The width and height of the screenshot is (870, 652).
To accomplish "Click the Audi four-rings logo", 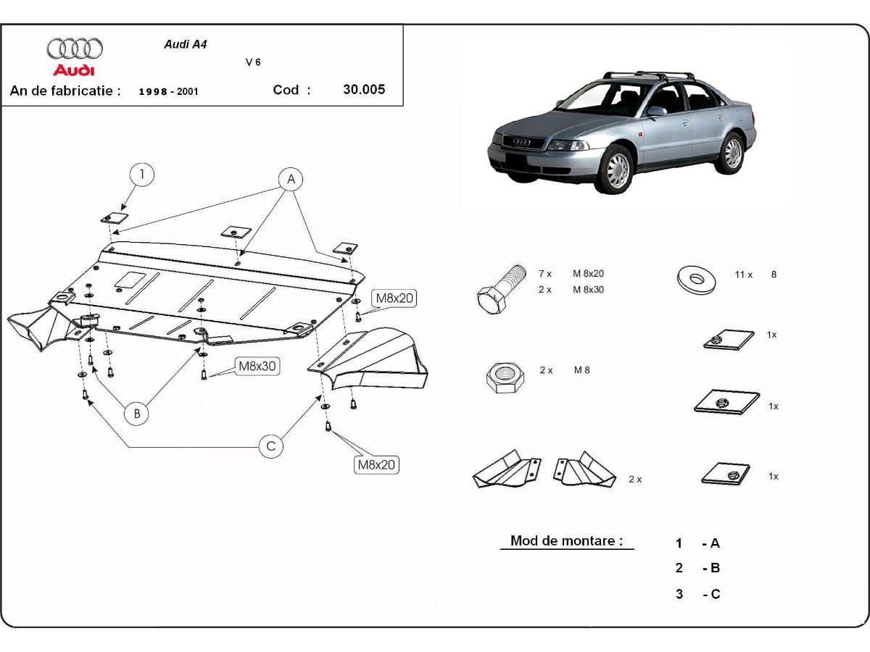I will (75, 49).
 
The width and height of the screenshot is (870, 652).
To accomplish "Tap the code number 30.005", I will (364, 90).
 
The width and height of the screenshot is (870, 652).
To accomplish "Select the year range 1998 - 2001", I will (168, 92).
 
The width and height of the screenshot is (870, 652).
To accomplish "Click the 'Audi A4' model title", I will (185, 43).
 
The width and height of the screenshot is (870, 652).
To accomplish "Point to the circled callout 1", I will (143, 174).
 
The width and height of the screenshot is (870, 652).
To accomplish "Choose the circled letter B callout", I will (136, 414).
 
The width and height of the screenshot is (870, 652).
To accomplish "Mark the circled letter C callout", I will (271, 446).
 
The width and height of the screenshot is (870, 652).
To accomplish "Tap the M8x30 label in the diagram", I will (257, 367).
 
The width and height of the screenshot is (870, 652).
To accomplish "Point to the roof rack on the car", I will (649, 75).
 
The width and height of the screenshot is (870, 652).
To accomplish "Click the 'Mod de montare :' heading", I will (566, 540).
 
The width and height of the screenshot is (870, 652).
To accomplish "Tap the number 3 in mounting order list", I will (679, 594).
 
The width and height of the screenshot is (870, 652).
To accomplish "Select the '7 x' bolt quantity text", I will (545, 274).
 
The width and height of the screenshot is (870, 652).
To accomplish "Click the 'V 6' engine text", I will (253, 62).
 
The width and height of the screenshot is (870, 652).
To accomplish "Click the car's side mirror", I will (655, 111).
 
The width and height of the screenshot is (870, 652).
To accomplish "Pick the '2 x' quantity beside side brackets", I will (635, 479).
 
